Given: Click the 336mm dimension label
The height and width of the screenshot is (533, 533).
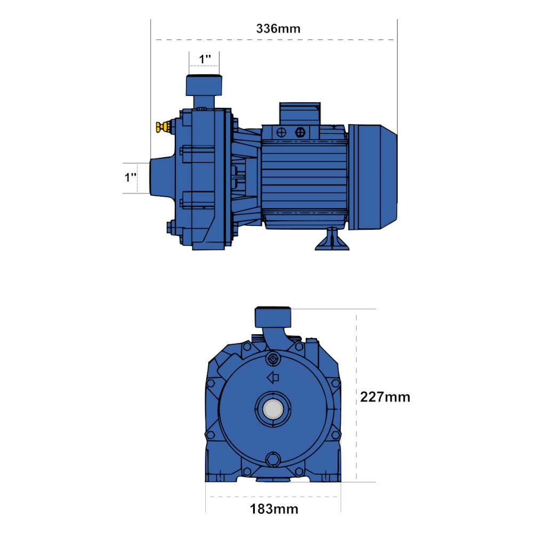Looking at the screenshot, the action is pyautogui.click(x=278, y=29).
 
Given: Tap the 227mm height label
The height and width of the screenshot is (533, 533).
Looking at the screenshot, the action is pyautogui.click(x=385, y=397).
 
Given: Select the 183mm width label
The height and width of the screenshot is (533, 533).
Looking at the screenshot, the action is pyautogui.click(x=274, y=509).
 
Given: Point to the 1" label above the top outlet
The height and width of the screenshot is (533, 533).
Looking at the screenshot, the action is pyautogui.click(x=205, y=59).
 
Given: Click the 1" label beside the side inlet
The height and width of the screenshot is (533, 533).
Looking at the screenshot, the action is pyautogui.click(x=131, y=177).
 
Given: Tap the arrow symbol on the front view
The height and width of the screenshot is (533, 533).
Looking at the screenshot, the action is pyautogui.click(x=273, y=377).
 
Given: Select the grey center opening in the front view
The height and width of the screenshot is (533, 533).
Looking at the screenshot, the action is pyautogui.click(x=273, y=409).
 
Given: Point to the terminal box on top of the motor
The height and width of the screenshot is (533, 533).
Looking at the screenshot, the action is pyautogui.click(x=300, y=114).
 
